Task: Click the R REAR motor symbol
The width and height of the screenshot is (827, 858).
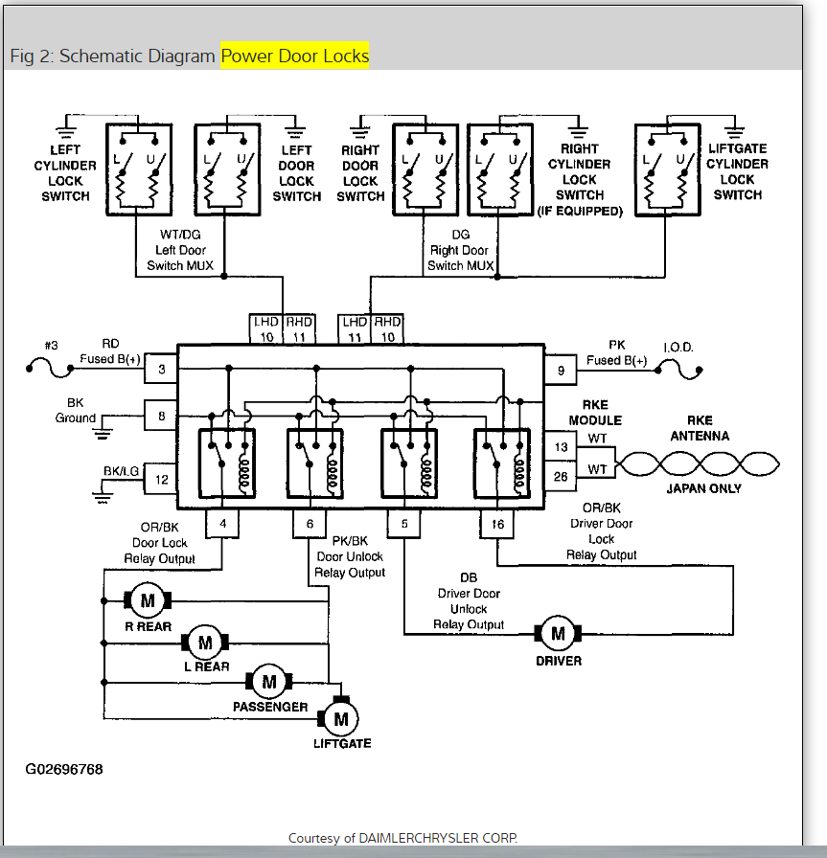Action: pos(148,600)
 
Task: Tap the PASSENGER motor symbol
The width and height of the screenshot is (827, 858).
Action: pos(269,682)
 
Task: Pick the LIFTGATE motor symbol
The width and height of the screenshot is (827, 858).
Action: pos(339,717)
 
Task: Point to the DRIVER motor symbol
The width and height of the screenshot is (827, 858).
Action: pos(558,633)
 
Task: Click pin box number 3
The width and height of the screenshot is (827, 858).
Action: pos(161,369)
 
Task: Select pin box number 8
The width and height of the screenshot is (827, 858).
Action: pos(161,416)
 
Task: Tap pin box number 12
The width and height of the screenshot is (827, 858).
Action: pos(161,479)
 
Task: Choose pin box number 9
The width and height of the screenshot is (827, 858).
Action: pos(561,369)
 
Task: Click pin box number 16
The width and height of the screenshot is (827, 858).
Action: pos(496,524)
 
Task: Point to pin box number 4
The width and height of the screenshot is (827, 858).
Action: pos(222,524)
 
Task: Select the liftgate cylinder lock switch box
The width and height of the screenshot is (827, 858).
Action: pos(667,169)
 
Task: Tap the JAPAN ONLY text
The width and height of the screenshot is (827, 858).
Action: pos(703,488)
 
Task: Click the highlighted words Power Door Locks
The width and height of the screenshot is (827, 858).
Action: pos(294,56)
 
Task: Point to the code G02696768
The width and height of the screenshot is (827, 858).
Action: pos(64,769)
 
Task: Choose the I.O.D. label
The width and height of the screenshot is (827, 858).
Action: pos(678,347)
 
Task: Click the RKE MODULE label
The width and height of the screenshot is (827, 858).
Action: pos(595,412)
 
